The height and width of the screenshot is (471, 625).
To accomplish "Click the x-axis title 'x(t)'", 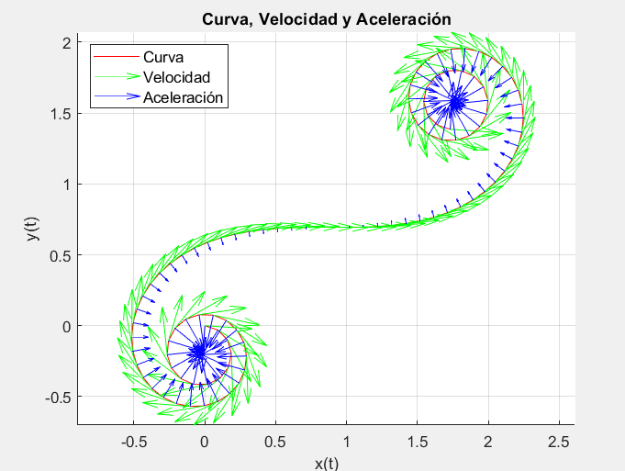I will coord(326,463).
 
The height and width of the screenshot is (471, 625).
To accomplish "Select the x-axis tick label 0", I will coord(204,442).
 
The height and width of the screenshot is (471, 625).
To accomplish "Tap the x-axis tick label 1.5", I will coord(418,442).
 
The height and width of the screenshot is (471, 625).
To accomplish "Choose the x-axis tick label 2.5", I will coord(559,442).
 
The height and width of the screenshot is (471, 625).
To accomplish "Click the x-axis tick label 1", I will coord(346,442).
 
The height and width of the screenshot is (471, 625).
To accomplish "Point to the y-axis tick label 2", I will coord(65,43).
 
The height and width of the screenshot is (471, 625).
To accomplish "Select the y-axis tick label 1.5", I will coord(60,114).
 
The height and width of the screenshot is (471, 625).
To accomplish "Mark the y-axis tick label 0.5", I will coord(60,255).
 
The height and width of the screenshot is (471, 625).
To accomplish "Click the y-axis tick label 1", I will coord(65,185).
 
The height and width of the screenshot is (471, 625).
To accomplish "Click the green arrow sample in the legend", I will coord(118,77).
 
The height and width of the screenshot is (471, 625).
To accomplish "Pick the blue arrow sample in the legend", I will coord(118,96).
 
